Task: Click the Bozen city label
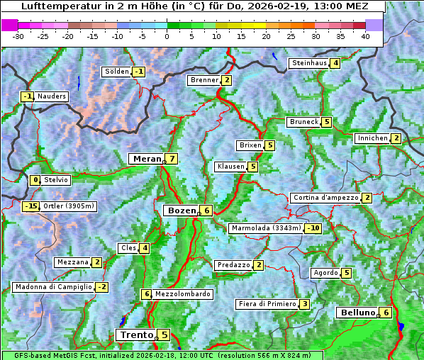pos(180,210)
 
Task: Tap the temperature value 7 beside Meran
pos(172,159)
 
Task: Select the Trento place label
pos(136,334)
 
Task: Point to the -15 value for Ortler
pos(30,206)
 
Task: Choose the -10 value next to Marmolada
pos(313,228)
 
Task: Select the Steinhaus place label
pos(309,63)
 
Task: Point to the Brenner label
pos(204,80)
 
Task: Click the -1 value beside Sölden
pos(139,72)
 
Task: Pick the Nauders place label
pos(52,96)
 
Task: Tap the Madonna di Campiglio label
pos(53,287)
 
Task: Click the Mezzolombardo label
pos(182,294)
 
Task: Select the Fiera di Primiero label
pos(267,304)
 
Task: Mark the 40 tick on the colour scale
pos(365,36)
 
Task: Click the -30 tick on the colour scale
pos(18,36)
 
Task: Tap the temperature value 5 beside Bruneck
pos(326,122)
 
